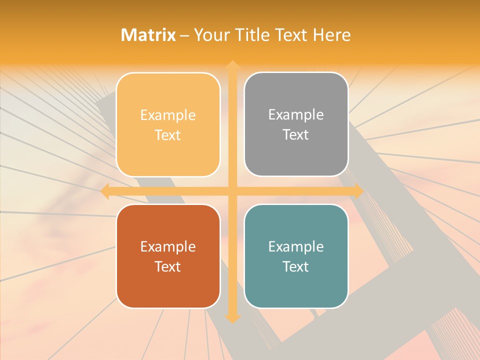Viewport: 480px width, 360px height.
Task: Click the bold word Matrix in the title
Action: (x=148, y=35)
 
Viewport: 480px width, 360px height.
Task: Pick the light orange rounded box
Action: (x=168, y=124)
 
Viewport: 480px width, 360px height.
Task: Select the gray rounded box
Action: (x=296, y=124)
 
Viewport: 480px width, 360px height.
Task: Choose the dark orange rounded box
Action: (x=168, y=256)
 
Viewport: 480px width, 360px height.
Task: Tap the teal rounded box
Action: (x=296, y=256)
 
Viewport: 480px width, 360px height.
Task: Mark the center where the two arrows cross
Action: (x=232, y=191)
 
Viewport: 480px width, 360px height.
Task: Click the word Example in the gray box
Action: (x=296, y=114)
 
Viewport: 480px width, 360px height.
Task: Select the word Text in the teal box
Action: (x=296, y=266)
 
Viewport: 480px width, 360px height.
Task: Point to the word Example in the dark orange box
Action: (x=168, y=246)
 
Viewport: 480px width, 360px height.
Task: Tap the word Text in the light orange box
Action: (x=168, y=135)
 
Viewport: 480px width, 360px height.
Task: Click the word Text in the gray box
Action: (x=296, y=134)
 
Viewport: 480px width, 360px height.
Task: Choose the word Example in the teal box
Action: (x=296, y=246)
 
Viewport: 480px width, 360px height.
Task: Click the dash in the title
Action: (x=185, y=35)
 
